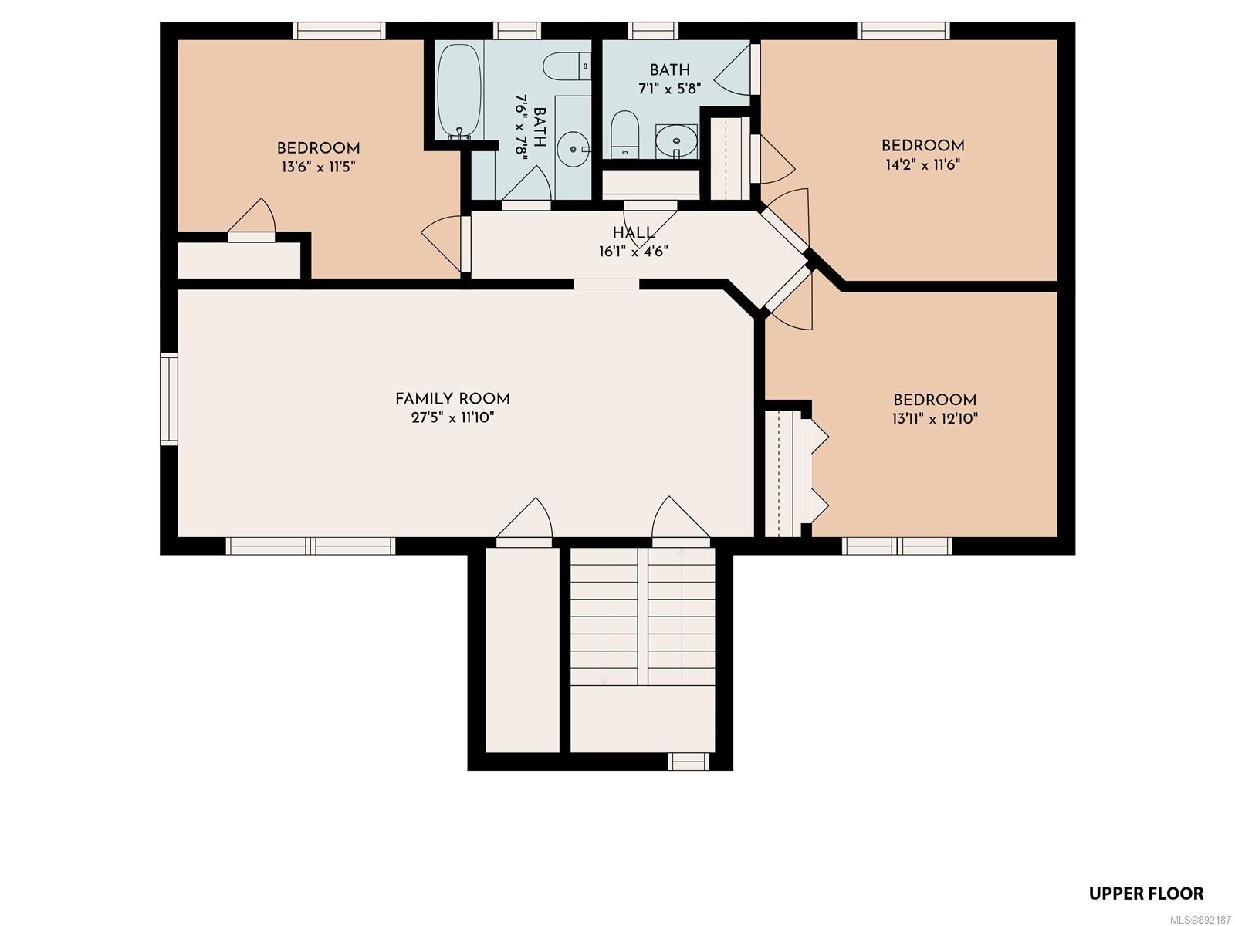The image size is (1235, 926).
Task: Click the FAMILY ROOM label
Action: (452, 399)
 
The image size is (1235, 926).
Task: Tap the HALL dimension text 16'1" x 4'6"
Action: (634, 252)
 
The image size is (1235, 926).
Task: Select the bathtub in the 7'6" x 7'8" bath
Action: (460, 92)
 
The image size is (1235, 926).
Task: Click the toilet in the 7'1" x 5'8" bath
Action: (624, 134)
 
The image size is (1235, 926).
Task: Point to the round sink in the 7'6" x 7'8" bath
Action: (574, 149)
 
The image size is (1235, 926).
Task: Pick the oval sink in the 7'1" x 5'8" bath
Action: (676, 141)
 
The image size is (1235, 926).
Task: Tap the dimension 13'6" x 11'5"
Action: (319, 167)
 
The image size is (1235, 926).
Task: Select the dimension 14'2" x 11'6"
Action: (922, 164)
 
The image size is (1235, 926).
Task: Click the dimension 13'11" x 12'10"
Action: (935, 418)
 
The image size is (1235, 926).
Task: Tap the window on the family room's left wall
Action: (169, 399)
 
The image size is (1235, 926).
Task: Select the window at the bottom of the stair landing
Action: (688, 762)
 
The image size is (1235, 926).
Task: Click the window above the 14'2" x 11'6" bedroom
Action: (903, 30)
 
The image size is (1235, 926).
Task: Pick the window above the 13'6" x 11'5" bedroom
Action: (340, 30)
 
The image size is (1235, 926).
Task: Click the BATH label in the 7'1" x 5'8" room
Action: (669, 69)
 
